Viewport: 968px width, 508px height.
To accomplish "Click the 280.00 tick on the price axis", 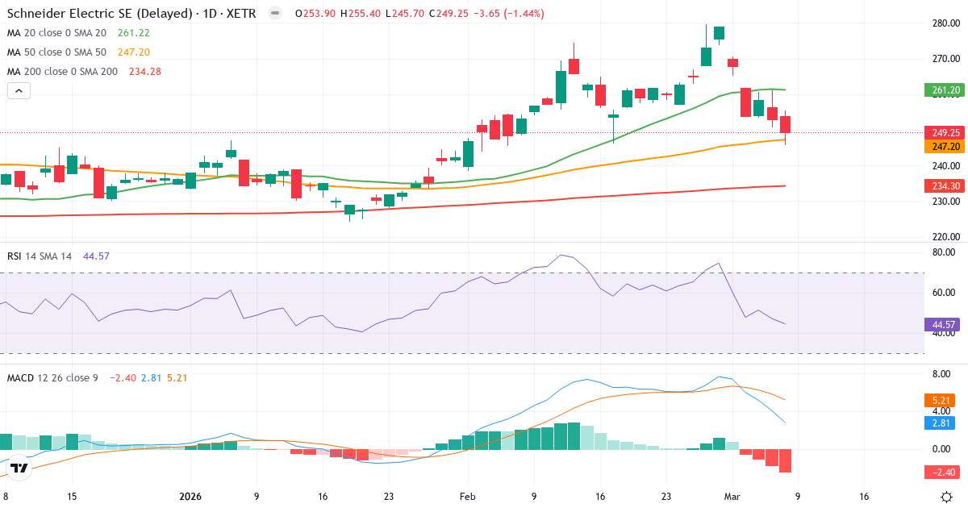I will [x=945, y=23].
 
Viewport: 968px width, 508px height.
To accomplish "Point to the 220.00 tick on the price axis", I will [x=945, y=237].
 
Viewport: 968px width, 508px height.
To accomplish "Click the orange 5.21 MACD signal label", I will [x=940, y=400].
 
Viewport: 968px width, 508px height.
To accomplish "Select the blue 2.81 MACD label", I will [x=940, y=423].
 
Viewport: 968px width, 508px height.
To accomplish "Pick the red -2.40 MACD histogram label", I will [x=940, y=472].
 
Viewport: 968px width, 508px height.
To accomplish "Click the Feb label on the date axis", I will [x=468, y=497].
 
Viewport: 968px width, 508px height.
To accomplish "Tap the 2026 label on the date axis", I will [x=190, y=497].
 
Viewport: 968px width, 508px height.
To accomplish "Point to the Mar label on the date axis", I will [x=732, y=497].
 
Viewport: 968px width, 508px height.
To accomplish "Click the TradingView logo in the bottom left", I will [x=19, y=468].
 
